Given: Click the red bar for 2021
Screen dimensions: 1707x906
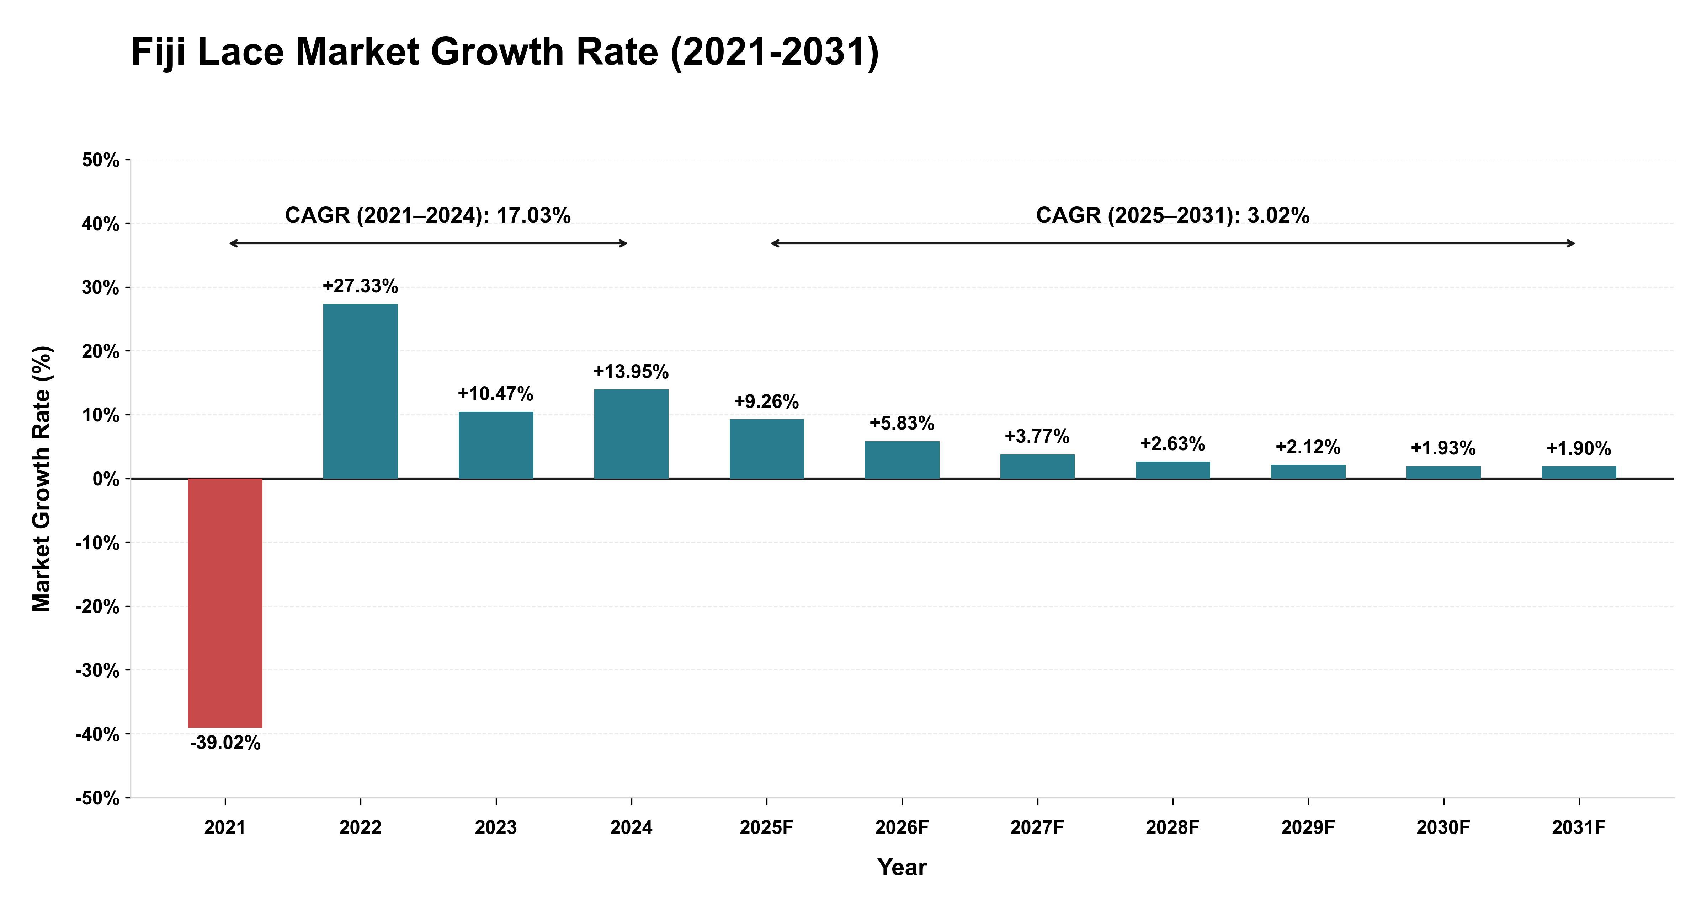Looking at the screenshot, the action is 225,603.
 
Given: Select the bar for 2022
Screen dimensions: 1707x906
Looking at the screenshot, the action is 361,392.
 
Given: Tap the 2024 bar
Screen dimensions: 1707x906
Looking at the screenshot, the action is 632,434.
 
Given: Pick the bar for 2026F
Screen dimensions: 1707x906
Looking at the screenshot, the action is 902,460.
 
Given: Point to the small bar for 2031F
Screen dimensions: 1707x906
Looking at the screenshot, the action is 1579,472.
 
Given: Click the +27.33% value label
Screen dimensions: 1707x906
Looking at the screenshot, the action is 361,286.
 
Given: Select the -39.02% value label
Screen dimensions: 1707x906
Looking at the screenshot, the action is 225,743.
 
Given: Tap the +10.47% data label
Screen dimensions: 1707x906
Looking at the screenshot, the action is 496,394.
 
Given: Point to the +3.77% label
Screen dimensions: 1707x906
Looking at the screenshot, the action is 1037,436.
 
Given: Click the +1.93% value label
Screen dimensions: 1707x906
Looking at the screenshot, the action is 1443,448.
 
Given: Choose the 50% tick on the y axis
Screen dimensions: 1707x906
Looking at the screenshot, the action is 101,160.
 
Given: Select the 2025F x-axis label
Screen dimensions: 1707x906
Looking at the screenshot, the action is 767,828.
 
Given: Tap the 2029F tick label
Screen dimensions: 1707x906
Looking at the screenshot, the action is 1308,828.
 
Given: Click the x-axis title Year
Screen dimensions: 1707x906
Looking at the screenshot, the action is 902,868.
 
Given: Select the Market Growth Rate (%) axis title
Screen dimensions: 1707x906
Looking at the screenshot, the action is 42,479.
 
